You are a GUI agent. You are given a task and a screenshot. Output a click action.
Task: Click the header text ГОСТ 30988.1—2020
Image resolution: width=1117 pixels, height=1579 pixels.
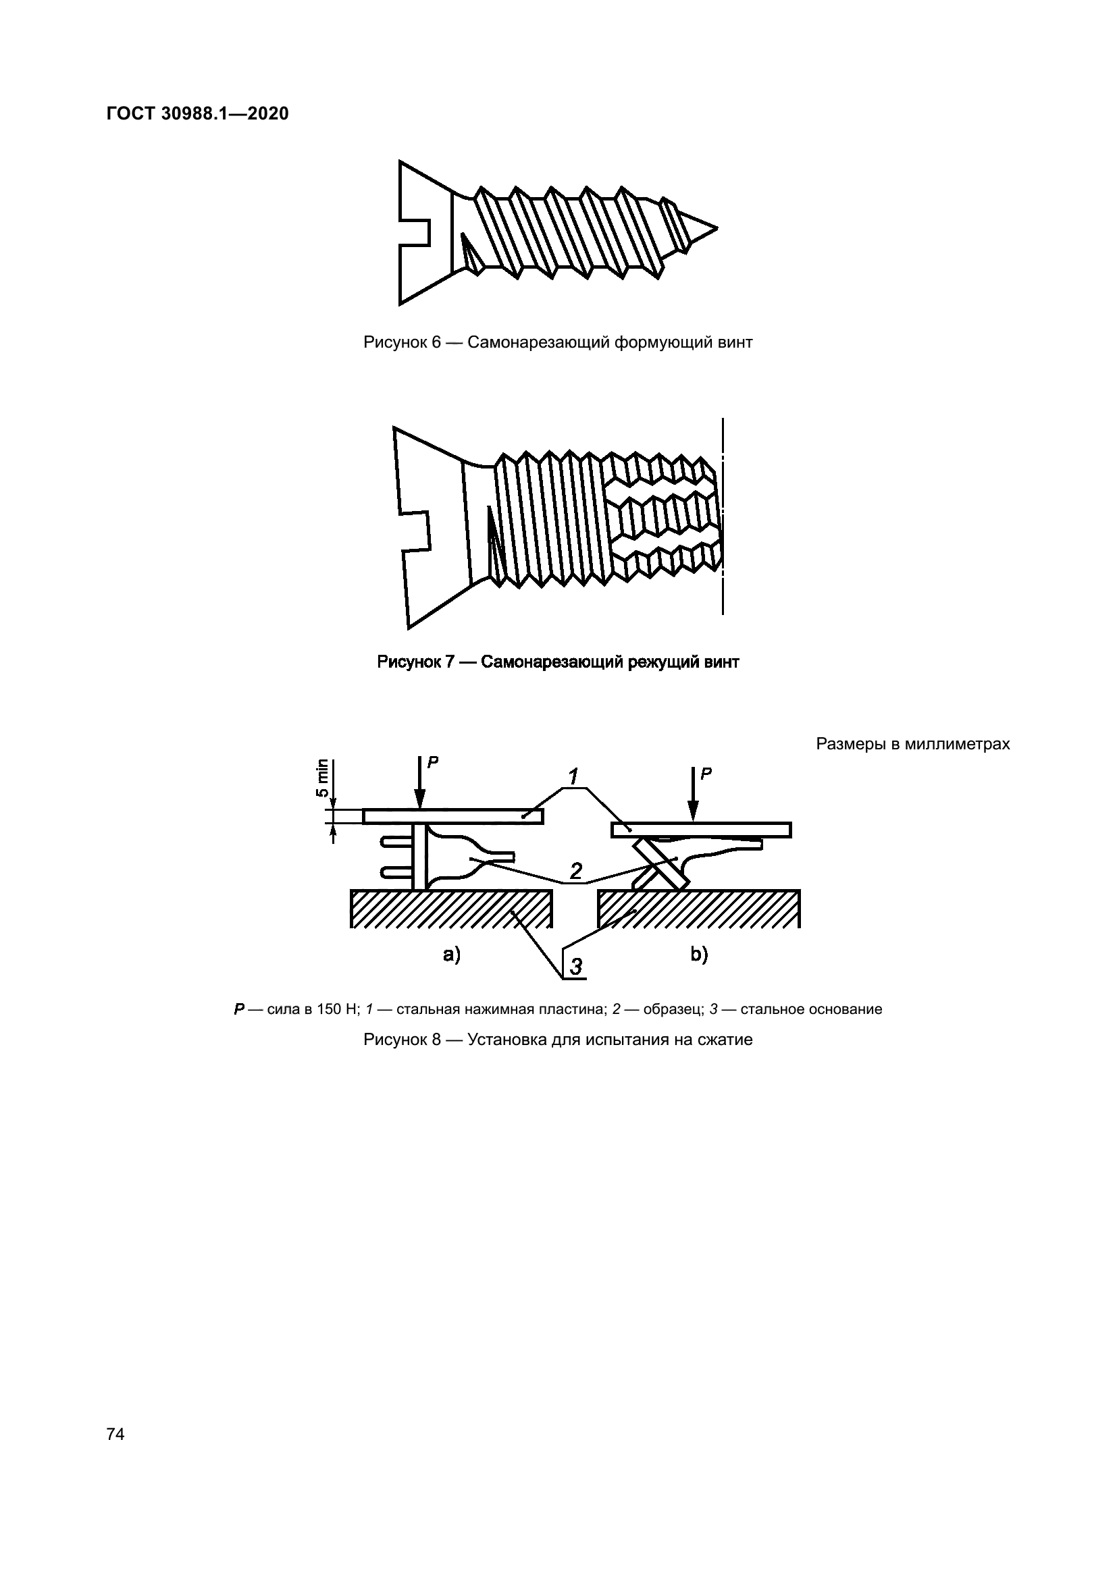(x=197, y=114)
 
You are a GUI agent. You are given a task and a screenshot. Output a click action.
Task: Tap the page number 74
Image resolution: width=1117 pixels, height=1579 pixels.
(x=115, y=1434)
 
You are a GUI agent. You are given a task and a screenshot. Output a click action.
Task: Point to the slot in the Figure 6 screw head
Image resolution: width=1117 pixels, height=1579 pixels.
(x=415, y=232)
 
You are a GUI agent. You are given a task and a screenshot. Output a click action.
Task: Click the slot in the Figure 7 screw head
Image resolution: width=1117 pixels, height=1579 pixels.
(x=415, y=531)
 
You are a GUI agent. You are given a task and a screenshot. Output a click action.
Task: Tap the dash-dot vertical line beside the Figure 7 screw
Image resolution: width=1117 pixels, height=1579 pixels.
(x=723, y=516)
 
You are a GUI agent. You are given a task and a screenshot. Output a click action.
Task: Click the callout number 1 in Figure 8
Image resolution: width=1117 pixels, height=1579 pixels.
(x=572, y=777)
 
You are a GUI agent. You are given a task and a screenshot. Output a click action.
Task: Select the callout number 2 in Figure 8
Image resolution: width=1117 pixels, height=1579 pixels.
(x=575, y=872)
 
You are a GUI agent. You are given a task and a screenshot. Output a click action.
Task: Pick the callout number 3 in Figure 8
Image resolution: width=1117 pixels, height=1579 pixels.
(x=575, y=965)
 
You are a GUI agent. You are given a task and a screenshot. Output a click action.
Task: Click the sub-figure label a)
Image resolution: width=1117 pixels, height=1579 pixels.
(x=451, y=955)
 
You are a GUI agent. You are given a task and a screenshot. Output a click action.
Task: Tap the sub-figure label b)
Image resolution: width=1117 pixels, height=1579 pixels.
(x=699, y=955)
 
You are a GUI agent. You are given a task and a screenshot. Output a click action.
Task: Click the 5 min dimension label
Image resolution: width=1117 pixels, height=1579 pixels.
(x=322, y=777)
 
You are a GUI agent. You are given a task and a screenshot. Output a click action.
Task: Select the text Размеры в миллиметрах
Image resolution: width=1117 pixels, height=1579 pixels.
(x=913, y=744)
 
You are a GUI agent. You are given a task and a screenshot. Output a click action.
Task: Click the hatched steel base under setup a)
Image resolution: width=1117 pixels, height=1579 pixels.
(x=451, y=909)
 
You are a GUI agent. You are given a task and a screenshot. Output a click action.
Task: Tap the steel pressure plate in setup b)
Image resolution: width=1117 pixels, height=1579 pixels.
(x=701, y=830)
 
